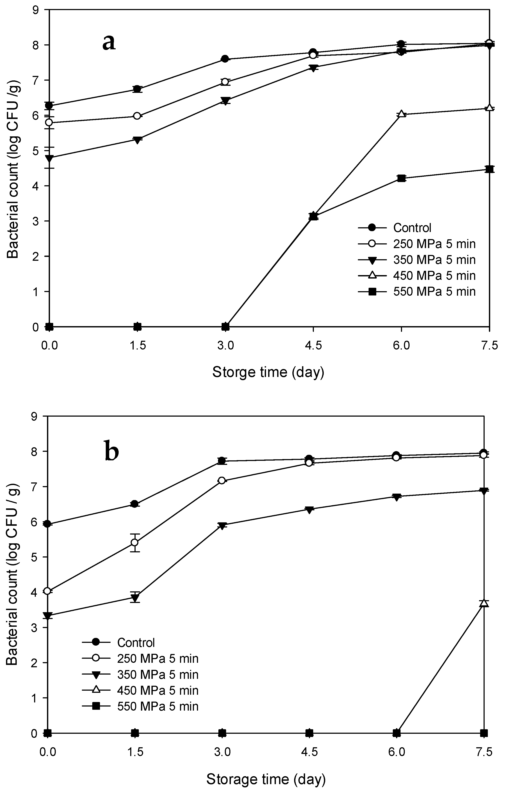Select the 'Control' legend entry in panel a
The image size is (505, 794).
(412, 228)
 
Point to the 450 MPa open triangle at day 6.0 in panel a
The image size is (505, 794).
(401, 114)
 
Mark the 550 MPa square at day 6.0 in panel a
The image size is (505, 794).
(401, 178)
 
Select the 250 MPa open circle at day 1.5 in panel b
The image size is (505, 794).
(134, 542)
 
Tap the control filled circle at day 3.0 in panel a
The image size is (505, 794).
(225, 59)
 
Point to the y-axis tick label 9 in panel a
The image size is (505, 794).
(36, 10)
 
